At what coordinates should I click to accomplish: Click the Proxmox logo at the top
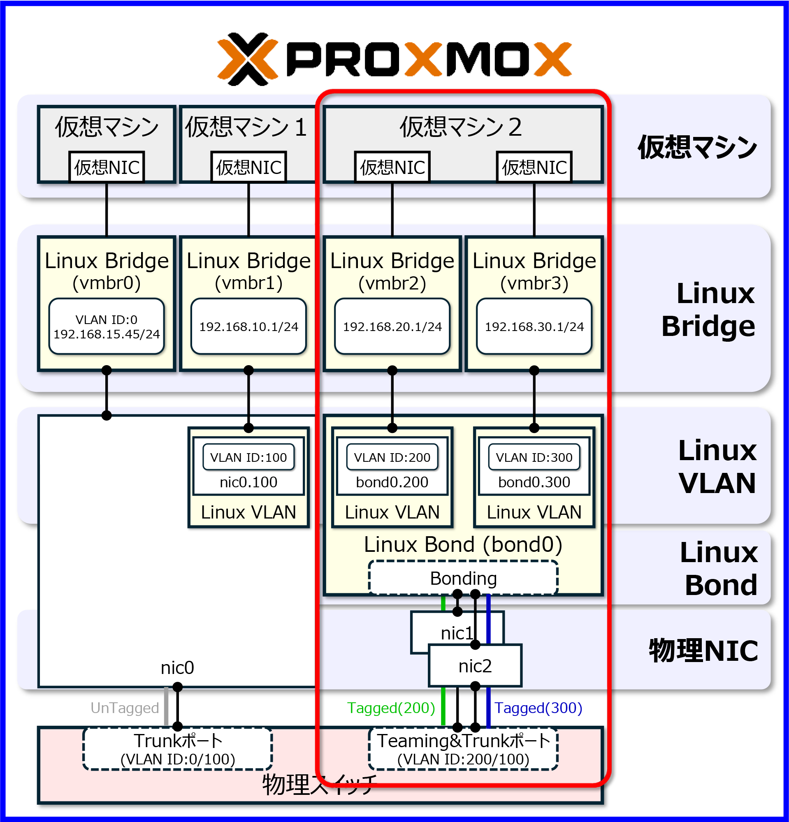point(394,59)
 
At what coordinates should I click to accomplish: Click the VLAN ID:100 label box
point(248,457)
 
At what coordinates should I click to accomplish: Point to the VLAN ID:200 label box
point(392,457)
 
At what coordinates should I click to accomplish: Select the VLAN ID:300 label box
point(534,457)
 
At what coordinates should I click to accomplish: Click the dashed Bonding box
point(463,578)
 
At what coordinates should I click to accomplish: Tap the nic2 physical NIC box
point(475,666)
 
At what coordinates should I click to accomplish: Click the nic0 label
point(177,668)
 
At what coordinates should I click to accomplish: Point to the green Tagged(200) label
point(391,708)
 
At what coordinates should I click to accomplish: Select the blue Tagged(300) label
point(538,708)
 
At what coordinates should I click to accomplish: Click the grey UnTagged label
point(125,708)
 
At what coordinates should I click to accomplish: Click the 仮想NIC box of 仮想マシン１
point(248,167)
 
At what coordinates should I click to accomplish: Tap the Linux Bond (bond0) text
point(463,544)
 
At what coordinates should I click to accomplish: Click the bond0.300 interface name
point(534,482)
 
